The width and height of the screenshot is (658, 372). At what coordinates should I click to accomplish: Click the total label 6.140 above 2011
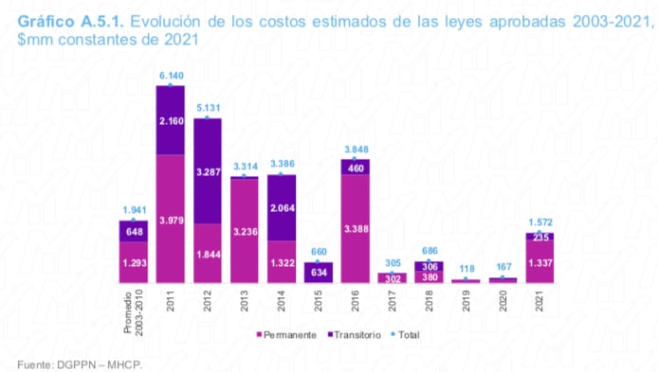coord(171,75)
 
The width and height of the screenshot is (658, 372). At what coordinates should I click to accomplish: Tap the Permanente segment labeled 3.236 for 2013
coord(245,230)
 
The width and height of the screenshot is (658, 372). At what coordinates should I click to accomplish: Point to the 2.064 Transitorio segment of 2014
coord(282,207)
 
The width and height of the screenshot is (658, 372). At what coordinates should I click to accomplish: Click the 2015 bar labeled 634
coord(318,273)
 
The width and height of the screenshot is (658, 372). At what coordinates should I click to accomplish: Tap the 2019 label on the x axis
coord(466,300)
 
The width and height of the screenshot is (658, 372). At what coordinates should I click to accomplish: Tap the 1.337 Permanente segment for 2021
coord(539,261)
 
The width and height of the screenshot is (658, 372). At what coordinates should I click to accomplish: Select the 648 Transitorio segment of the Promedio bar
coord(134,232)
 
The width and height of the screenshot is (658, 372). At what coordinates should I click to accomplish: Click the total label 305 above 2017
coord(392,263)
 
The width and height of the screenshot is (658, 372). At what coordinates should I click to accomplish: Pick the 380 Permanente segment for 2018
coord(429,277)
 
